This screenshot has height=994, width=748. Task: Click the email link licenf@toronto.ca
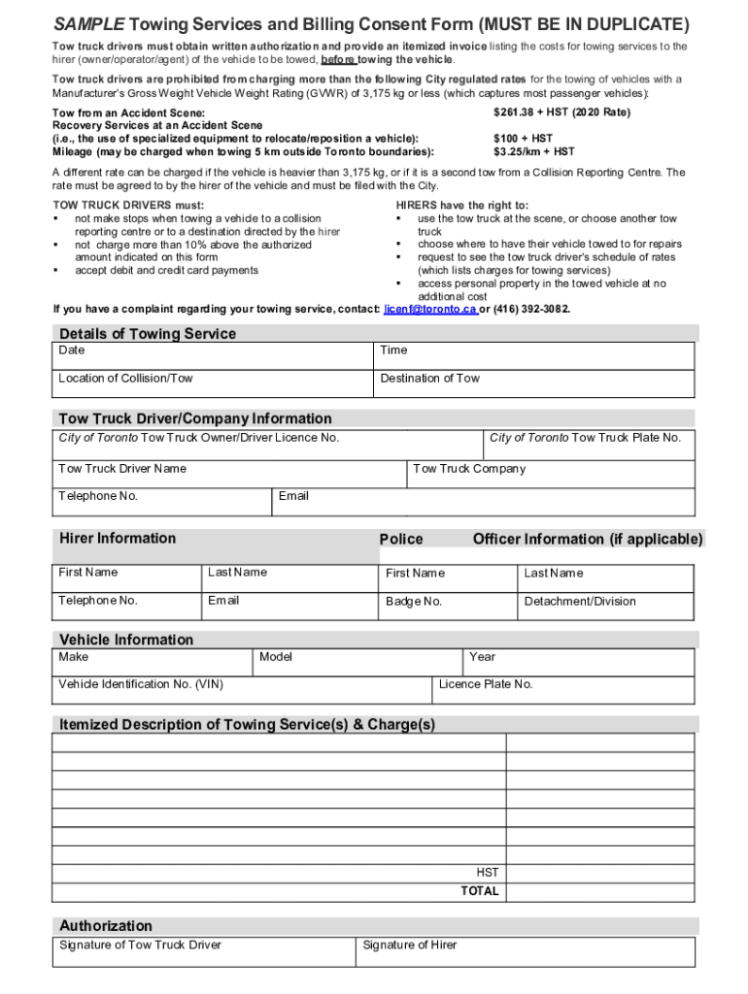pyautogui.click(x=430, y=309)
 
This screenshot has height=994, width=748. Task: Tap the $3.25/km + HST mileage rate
pyautogui.click(x=533, y=151)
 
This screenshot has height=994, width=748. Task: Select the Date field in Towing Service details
pyautogui.click(x=214, y=356)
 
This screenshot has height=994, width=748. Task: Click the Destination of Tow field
pyautogui.click(x=533, y=383)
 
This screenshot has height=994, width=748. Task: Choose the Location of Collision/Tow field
pyautogui.click(x=214, y=383)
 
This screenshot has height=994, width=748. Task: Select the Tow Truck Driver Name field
pyautogui.click(x=229, y=474)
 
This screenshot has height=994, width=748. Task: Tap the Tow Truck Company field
pyautogui.click(x=550, y=474)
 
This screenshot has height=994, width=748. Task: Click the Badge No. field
pyautogui.click(x=448, y=606)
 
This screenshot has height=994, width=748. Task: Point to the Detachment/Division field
pyautogui.click(x=604, y=606)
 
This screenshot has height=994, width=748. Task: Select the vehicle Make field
pyautogui.click(x=153, y=662)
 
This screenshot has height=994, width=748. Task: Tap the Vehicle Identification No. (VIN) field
pyautogui.click(x=242, y=689)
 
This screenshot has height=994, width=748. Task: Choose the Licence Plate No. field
pyautogui.click(x=562, y=689)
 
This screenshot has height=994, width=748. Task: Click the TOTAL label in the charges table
pyautogui.click(x=480, y=891)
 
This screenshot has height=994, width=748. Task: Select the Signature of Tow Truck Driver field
pyautogui.click(x=204, y=951)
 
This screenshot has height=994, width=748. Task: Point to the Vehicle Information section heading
pyautogui.click(x=126, y=640)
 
